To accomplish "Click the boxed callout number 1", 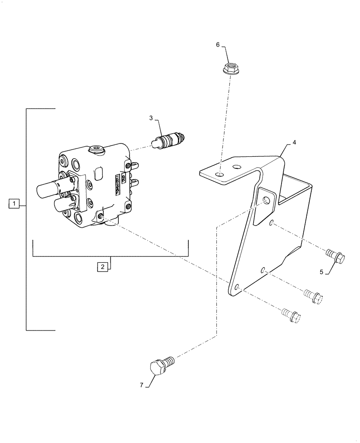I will (x=14, y=204).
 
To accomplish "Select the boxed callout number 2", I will (x=102, y=267).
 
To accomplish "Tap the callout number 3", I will (x=151, y=118).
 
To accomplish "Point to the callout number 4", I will (x=294, y=144).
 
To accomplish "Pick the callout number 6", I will (x=218, y=45).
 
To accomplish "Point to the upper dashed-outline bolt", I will (x=313, y=295).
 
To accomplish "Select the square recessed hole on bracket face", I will (x=266, y=201).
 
